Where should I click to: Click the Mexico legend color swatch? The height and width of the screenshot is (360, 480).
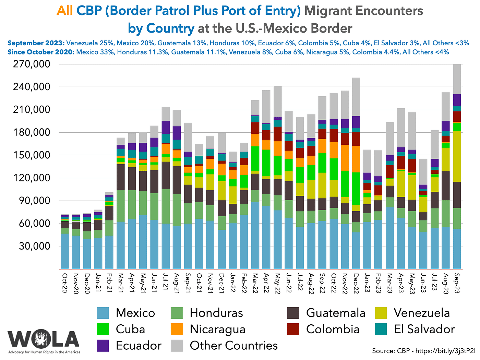point(103,313)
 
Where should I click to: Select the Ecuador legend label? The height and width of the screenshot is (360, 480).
point(139,345)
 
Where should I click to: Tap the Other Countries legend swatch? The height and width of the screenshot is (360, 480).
point(177,345)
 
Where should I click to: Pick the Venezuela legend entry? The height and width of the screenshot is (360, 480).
point(422,313)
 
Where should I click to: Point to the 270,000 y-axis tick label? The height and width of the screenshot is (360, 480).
point(31,64)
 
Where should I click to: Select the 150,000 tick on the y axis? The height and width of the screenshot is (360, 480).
point(31,155)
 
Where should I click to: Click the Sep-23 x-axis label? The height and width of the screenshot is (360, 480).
point(457,283)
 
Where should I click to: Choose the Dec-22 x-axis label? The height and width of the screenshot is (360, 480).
point(356,283)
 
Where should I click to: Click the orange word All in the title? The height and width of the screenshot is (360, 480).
point(64,11)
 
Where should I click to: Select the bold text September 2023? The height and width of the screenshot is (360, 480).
point(36,43)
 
